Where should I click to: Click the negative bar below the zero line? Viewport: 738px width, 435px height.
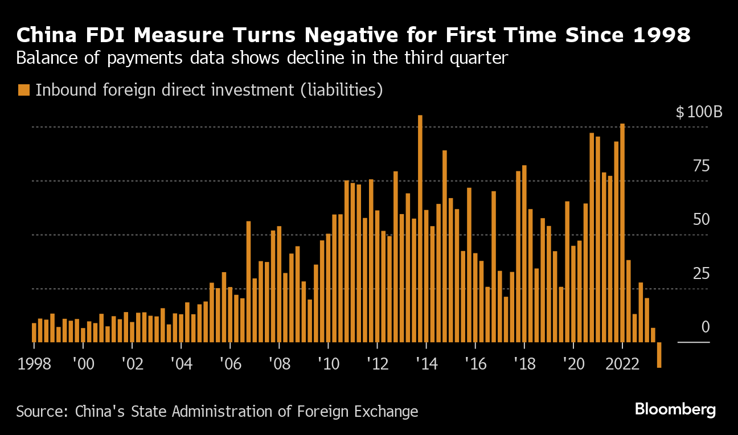tap(659, 354)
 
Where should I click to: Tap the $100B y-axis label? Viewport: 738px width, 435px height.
tap(699, 112)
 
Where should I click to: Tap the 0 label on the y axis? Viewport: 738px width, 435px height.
tap(706, 327)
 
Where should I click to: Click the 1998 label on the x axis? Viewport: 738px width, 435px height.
tap(34, 364)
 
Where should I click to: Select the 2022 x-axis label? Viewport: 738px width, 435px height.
tap(622, 364)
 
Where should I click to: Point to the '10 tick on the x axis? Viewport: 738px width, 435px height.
tap(328, 364)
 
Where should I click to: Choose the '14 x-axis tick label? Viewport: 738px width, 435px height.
tap(426, 364)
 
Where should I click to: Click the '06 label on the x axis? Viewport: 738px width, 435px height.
tap(230, 364)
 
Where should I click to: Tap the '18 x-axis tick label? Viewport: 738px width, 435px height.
tap(524, 364)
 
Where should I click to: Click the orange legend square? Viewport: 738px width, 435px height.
tap(23, 90)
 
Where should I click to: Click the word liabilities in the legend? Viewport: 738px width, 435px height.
tap(343, 90)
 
